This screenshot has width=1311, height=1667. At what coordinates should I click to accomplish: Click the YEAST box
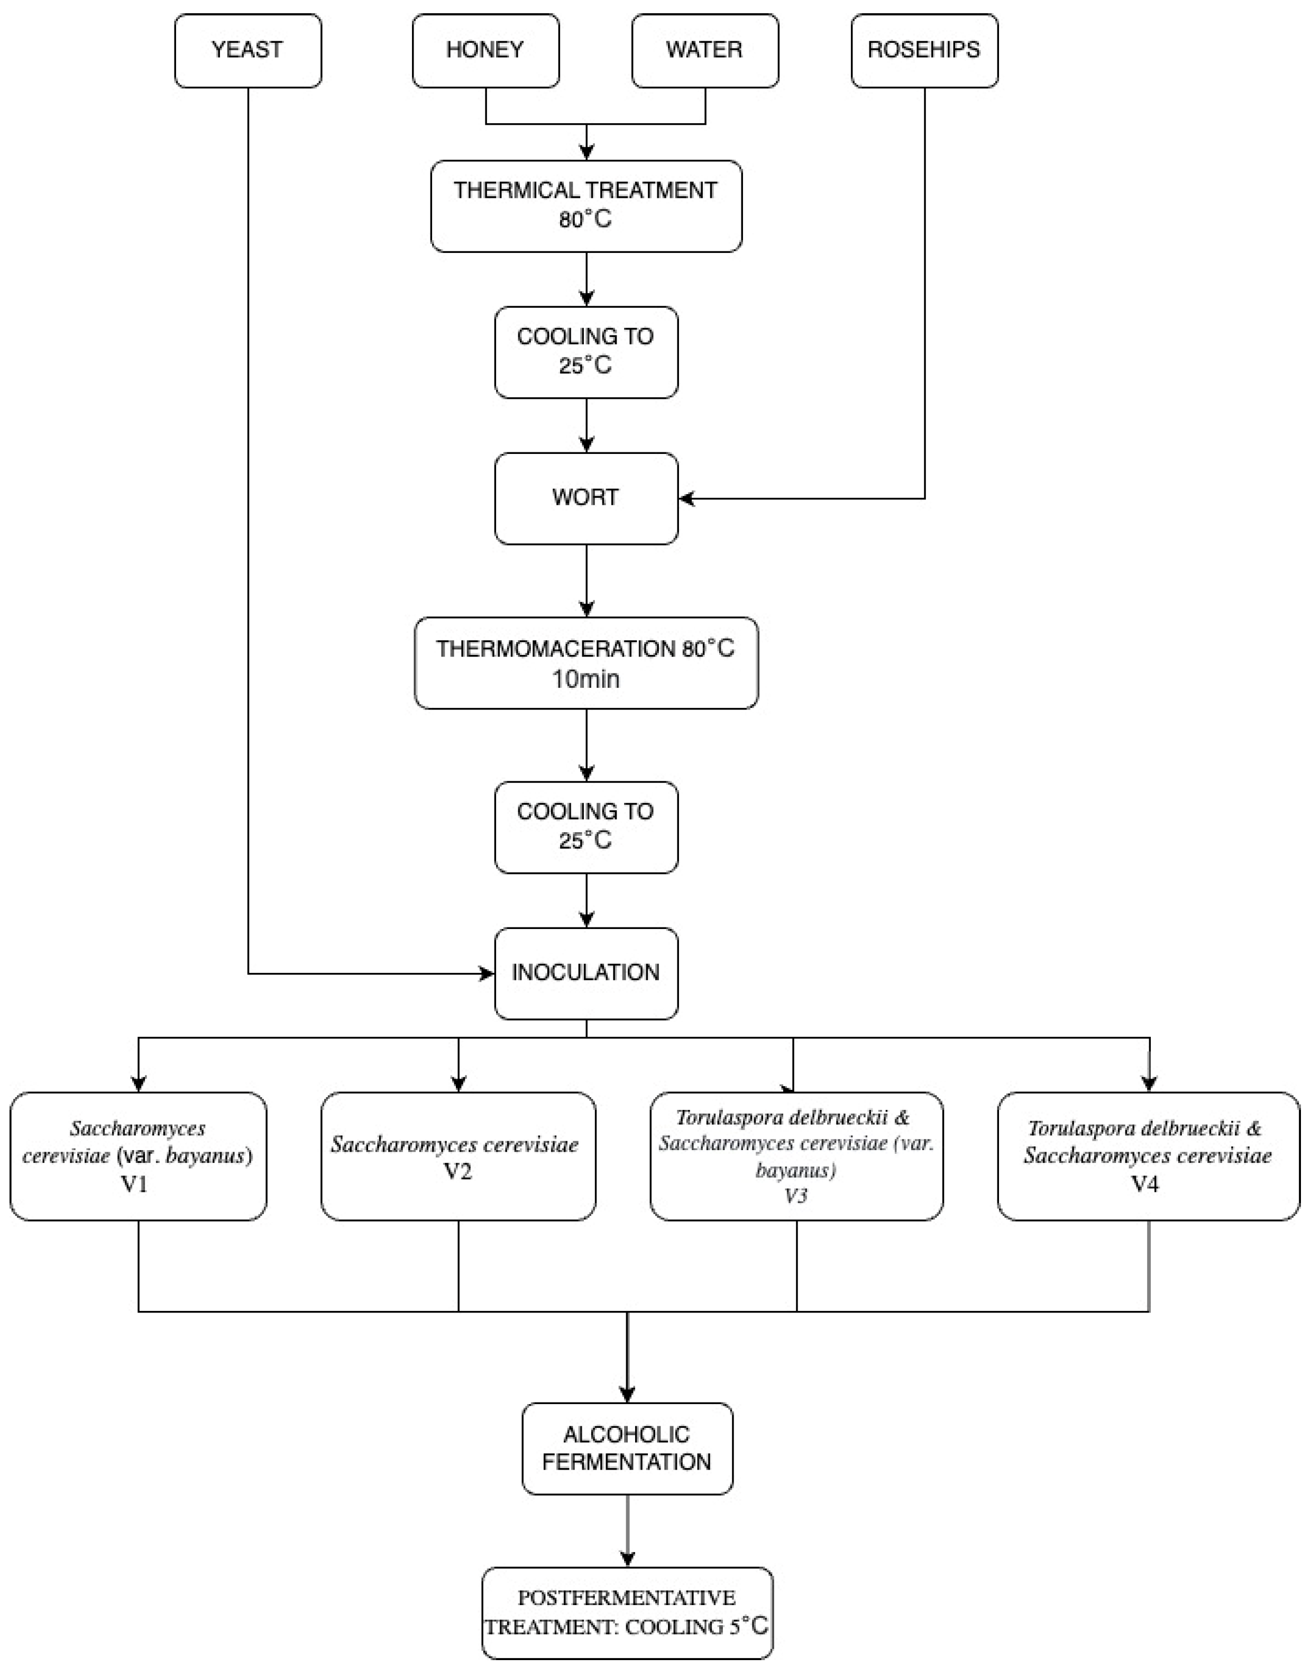pos(247,50)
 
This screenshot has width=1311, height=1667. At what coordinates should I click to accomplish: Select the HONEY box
pos(485,50)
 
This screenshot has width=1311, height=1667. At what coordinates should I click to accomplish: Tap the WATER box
pos(704,50)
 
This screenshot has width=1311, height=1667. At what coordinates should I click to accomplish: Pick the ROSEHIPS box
pos(924,50)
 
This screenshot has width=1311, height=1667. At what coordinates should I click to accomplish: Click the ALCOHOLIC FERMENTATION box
pos(627,1448)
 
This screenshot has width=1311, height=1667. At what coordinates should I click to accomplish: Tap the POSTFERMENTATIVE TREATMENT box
pos(627,1613)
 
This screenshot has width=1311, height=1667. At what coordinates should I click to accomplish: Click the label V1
pos(135,1184)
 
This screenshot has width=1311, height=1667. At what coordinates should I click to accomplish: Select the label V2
pos(458,1172)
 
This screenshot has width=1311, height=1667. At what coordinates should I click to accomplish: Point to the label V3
pos(796,1196)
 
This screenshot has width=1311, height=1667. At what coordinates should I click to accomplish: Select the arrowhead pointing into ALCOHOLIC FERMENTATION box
pos(627,1393)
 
